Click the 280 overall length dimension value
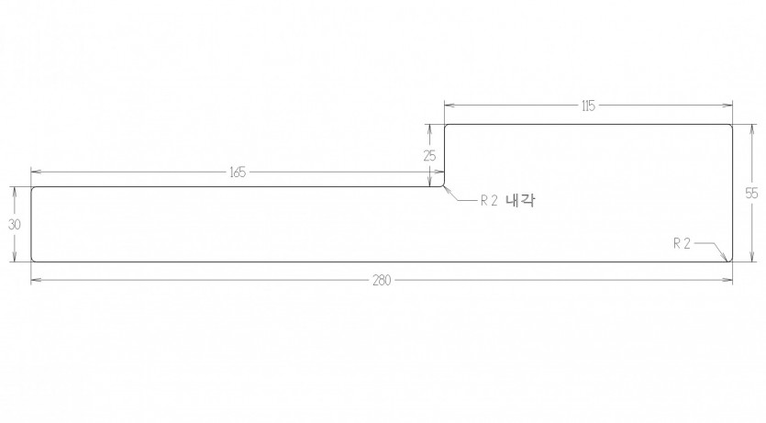click(x=382, y=281)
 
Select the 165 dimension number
click(x=238, y=173)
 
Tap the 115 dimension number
click(x=588, y=106)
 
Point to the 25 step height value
click(x=429, y=156)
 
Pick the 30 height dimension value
click(x=15, y=225)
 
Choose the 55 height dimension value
click(x=752, y=194)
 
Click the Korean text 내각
click(x=520, y=200)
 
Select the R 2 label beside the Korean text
click(x=489, y=201)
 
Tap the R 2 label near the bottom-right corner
click(x=682, y=243)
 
